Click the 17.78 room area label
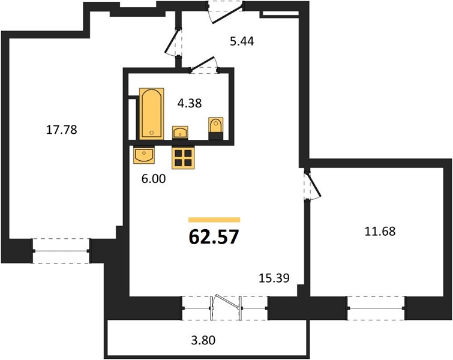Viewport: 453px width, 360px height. click(62, 130)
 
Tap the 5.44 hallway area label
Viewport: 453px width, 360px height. click(242, 41)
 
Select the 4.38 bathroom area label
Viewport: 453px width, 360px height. click(190, 103)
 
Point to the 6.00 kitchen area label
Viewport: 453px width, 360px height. click(154, 179)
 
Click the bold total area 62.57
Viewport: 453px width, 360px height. click(214, 237)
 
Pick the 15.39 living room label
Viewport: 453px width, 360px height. click(274, 278)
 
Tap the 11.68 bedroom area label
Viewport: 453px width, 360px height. click(380, 231)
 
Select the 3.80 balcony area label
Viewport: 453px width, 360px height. click(203, 340)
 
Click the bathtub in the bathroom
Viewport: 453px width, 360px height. click(152, 114)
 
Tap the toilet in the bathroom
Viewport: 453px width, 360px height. click(216, 128)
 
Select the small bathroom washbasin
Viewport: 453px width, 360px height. click(180, 133)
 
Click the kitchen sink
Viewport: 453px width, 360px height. click(144, 155)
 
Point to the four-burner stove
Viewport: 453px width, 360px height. click(183, 157)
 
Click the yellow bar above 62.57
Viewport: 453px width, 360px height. click(214, 220)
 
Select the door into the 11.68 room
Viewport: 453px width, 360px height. click(312, 185)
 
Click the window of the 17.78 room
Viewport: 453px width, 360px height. click(61, 251)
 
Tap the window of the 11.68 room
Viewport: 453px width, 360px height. click(376, 308)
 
